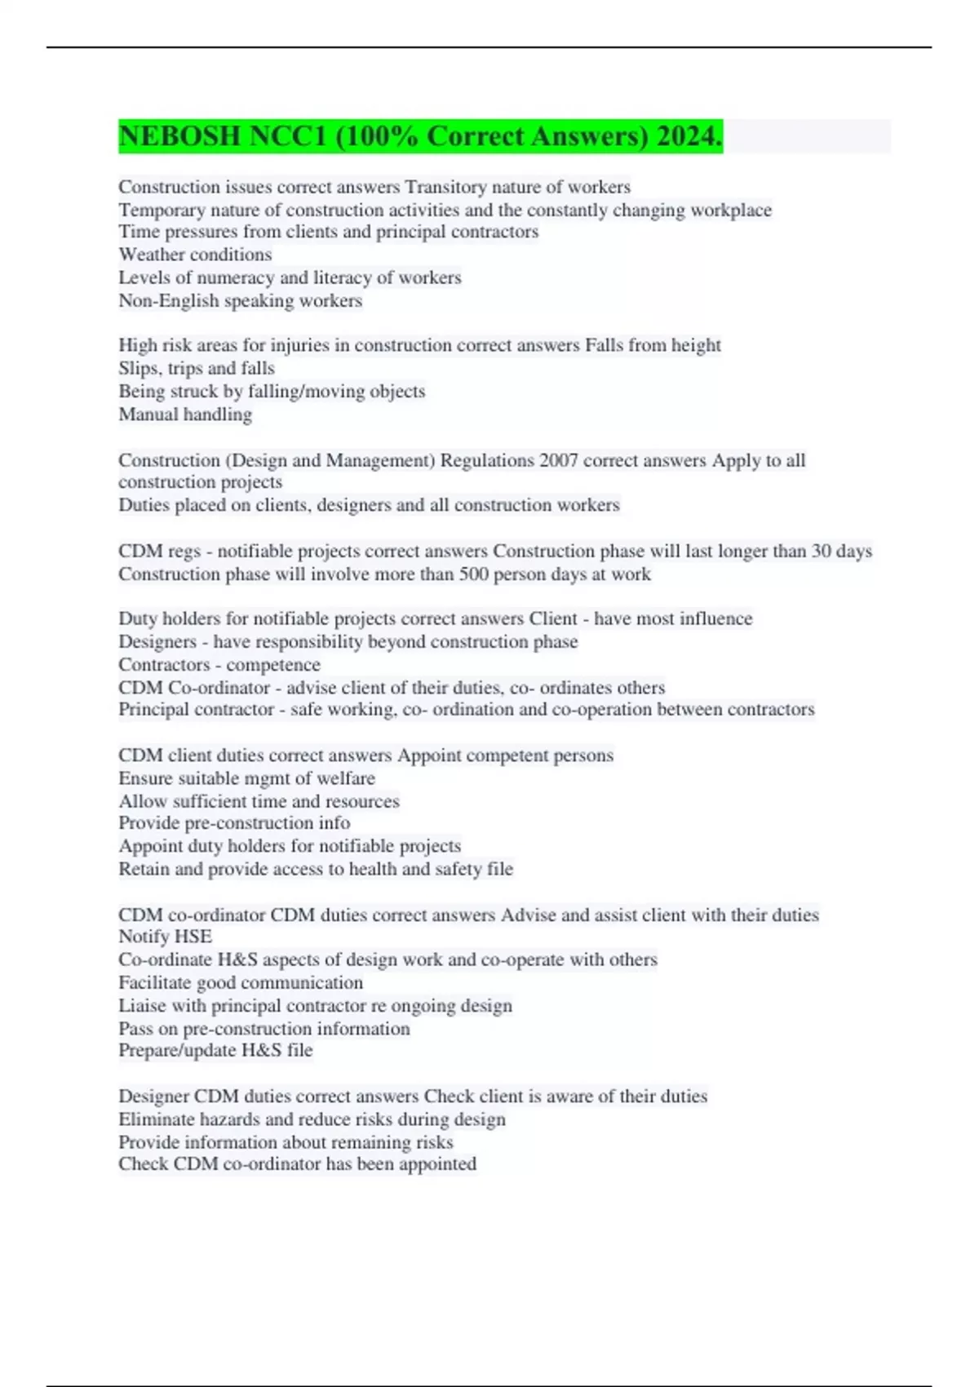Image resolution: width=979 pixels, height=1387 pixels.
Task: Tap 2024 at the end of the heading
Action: pos(688,136)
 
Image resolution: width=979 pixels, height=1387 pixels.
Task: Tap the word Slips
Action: pos(138,368)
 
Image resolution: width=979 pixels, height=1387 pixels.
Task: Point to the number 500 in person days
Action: pos(472,574)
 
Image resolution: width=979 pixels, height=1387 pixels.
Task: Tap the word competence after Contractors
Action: pos(273,665)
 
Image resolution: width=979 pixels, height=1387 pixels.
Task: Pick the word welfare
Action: pos(346,778)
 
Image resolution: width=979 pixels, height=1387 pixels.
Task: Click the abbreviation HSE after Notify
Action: pos(193,937)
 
